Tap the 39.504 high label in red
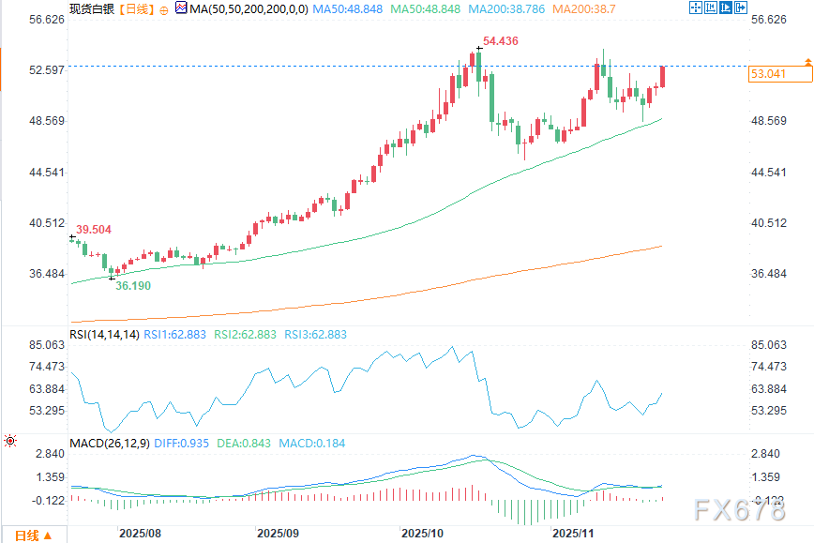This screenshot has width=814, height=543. [x=94, y=229]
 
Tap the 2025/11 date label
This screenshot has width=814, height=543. [x=573, y=533]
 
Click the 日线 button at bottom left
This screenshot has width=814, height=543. [x=26, y=535]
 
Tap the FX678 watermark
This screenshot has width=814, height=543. [x=740, y=511]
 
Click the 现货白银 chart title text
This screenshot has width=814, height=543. [x=91, y=8]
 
